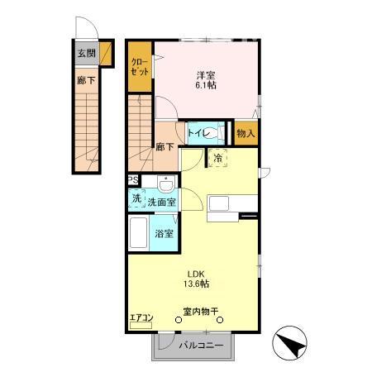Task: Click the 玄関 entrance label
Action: pyautogui.click(x=86, y=54)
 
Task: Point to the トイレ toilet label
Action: pyautogui.click(x=198, y=132)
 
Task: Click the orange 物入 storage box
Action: pyautogui.click(x=246, y=132)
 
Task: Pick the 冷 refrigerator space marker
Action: pyautogui.click(x=218, y=157)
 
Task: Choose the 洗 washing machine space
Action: pyautogui.click(x=136, y=199)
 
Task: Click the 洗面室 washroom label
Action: pyautogui.click(x=161, y=201)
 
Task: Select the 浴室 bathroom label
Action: pyautogui.click(x=163, y=233)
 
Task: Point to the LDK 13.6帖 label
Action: pyautogui.click(x=197, y=279)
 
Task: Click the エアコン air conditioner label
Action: pyautogui.click(x=141, y=317)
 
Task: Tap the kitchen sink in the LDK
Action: pyautogui.click(x=223, y=204)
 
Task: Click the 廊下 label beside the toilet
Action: pyautogui.click(x=165, y=147)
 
